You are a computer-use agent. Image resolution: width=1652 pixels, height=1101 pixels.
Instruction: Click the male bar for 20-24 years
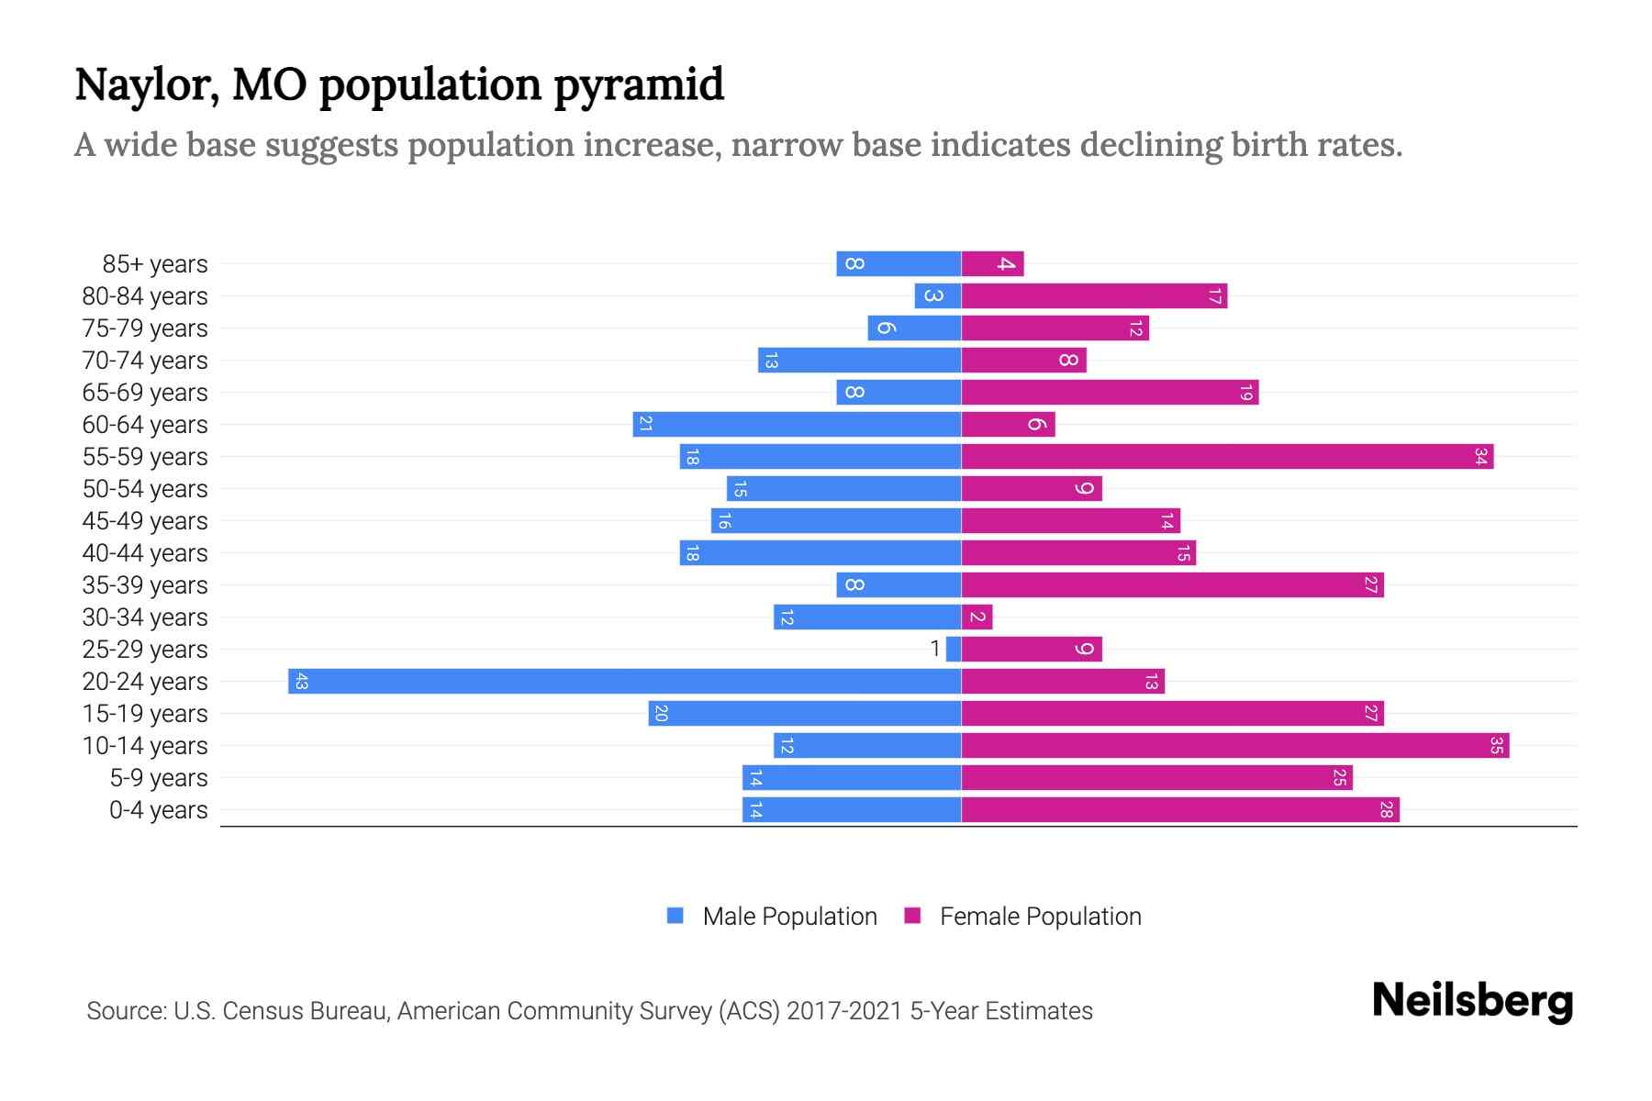click(x=624, y=681)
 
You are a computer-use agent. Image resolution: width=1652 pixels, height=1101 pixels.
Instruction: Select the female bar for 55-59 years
click(x=1227, y=456)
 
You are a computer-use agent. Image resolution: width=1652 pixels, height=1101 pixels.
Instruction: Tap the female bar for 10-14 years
click(x=1234, y=745)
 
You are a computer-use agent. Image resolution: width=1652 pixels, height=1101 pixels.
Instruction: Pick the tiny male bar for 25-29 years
click(x=954, y=649)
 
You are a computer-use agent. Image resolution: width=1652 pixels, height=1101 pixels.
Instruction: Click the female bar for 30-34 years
click(x=977, y=617)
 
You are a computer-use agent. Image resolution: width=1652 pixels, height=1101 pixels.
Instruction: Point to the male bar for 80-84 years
click(x=937, y=295)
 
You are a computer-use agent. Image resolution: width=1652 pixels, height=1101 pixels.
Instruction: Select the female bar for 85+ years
click(x=992, y=263)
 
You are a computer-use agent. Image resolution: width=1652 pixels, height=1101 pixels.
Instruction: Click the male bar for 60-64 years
click(x=797, y=424)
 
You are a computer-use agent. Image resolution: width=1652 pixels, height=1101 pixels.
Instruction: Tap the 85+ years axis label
click(x=155, y=264)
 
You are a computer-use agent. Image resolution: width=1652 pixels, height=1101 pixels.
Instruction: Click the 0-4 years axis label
click(x=158, y=810)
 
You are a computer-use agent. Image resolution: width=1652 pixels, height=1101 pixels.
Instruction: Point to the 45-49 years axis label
click(x=145, y=521)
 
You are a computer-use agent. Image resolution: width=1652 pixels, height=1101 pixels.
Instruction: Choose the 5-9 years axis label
click(x=158, y=778)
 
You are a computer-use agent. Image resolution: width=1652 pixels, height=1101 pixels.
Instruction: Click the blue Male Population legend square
click(x=675, y=916)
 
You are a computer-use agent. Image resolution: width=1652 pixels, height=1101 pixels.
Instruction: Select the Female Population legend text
click(x=1040, y=917)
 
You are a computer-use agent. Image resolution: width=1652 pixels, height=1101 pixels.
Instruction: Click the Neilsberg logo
click(x=1472, y=1001)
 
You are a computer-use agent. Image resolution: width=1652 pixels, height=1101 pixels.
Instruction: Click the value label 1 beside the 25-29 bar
click(x=934, y=649)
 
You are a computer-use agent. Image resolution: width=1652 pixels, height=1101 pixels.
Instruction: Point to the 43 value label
click(x=301, y=681)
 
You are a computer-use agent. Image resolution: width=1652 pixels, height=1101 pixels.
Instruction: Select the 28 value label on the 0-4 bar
click(x=1386, y=809)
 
